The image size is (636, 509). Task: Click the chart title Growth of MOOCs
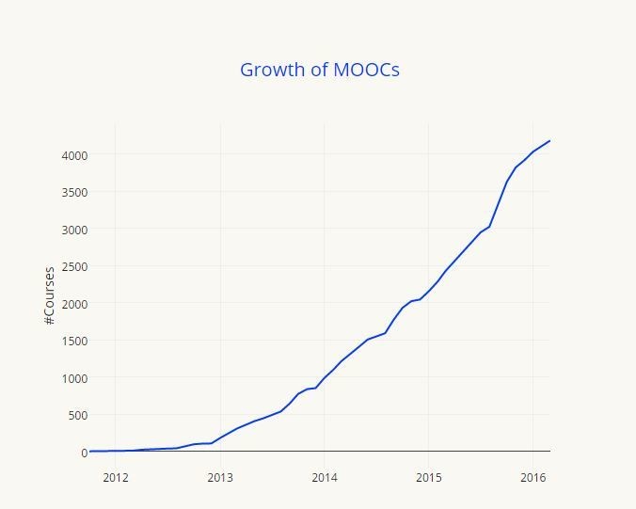(x=319, y=70)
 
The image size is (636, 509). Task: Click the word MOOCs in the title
(x=366, y=70)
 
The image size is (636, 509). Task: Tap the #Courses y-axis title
(x=49, y=295)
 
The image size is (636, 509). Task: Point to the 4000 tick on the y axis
(x=75, y=154)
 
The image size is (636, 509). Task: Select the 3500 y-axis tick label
(x=75, y=192)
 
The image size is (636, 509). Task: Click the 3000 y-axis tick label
(x=75, y=229)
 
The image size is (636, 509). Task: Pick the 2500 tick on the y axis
(x=75, y=266)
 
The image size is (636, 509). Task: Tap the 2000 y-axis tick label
(x=75, y=303)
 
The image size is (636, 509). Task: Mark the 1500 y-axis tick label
(x=75, y=341)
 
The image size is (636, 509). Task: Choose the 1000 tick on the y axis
(x=75, y=377)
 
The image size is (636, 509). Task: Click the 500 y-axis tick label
(x=79, y=415)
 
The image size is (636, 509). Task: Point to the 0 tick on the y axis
(x=84, y=453)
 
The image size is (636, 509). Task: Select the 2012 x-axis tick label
(x=116, y=477)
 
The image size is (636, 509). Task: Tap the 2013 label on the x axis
(x=220, y=477)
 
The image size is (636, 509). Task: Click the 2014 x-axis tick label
(x=324, y=477)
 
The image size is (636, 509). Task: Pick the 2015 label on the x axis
(x=428, y=477)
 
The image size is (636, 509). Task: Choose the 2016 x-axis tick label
(x=533, y=477)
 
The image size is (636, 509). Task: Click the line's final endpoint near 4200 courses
(x=549, y=141)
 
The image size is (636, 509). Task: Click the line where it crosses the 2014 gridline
(x=324, y=379)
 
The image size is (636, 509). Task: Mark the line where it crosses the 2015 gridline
(x=428, y=292)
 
